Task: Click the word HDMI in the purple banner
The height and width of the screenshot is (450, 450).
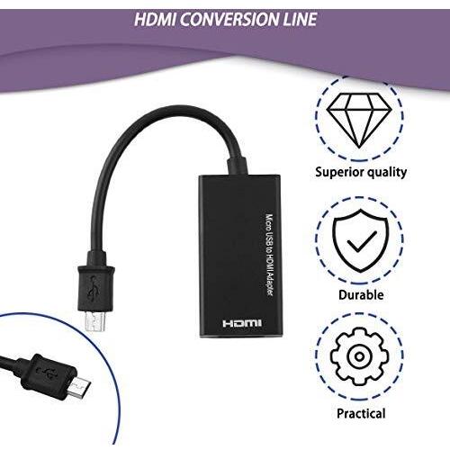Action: (x=155, y=20)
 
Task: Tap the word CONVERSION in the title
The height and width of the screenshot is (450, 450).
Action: (x=229, y=20)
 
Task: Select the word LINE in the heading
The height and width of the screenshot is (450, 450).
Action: (x=301, y=20)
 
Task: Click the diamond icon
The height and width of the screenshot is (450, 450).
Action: (x=359, y=121)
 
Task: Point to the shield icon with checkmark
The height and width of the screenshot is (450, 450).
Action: (x=359, y=241)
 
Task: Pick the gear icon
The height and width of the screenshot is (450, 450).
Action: (x=359, y=356)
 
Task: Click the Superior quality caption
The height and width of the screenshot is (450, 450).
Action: (x=361, y=173)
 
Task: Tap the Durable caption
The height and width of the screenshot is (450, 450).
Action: (x=361, y=294)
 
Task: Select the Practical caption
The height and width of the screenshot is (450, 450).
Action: (x=361, y=413)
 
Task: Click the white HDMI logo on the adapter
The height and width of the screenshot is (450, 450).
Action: (x=242, y=323)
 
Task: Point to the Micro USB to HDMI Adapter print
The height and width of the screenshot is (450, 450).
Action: (x=270, y=255)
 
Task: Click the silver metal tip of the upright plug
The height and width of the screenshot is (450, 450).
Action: (x=95, y=321)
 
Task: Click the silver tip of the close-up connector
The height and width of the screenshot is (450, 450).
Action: (x=78, y=387)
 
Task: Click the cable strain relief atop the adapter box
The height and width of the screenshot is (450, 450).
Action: (x=237, y=166)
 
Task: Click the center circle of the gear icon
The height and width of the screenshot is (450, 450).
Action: (x=359, y=356)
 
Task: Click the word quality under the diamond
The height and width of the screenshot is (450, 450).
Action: (x=385, y=173)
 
